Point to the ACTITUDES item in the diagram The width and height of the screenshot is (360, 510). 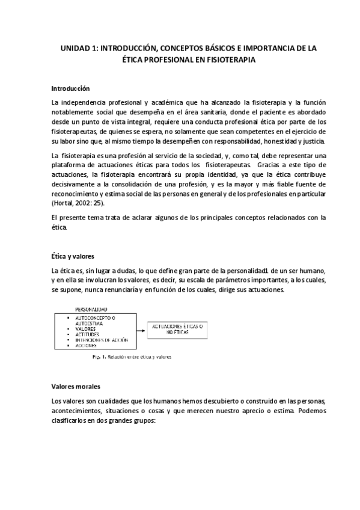[87, 334]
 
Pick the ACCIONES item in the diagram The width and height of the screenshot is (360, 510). [86, 346]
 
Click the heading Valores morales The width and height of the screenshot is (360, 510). [76, 386]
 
